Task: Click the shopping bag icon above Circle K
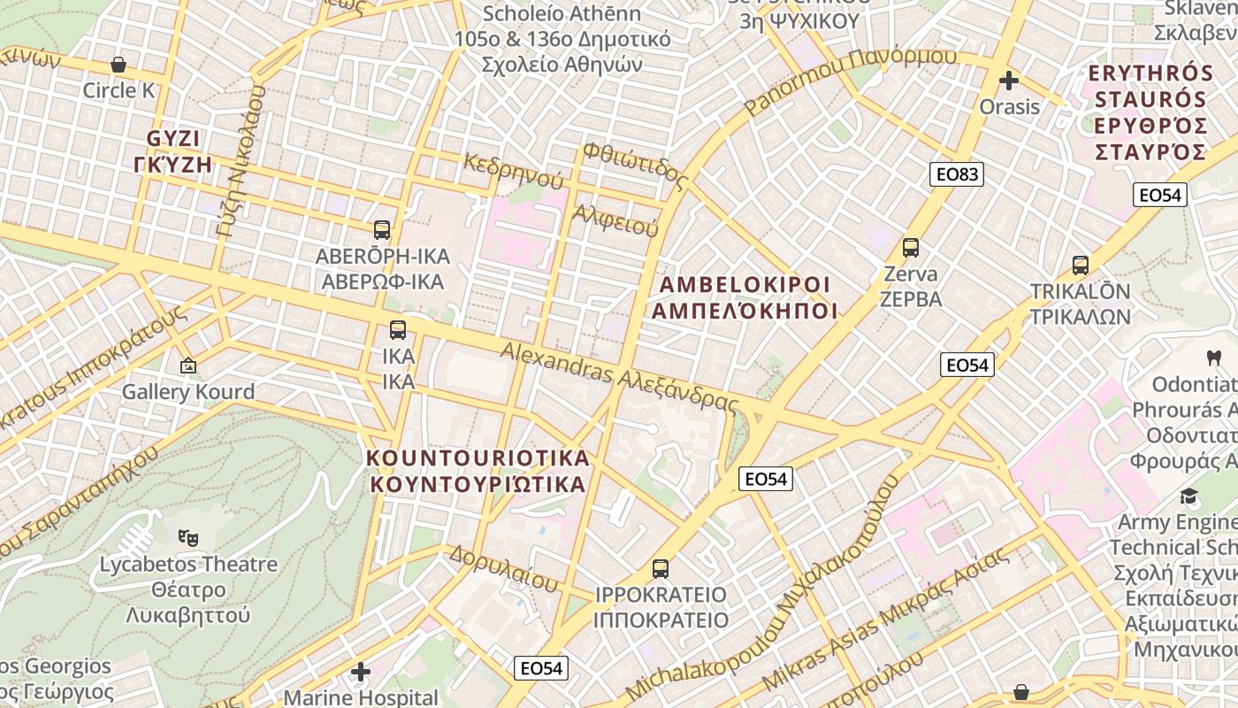click(118, 65)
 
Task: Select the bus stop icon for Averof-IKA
click(382, 230)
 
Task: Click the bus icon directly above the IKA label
click(398, 330)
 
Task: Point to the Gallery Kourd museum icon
click(188, 366)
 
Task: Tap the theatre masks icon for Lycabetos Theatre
click(187, 537)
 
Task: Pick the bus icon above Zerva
click(911, 248)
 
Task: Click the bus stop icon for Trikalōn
click(1080, 265)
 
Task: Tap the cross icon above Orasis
click(1009, 81)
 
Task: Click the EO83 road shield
click(957, 174)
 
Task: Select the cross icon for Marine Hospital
click(361, 672)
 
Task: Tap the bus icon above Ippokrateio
click(661, 568)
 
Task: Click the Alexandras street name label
click(619, 377)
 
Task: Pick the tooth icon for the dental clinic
click(1213, 358)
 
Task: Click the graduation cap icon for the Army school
click(1189, 496)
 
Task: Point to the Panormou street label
click(851, 82)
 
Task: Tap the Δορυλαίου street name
click(504, 568)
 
